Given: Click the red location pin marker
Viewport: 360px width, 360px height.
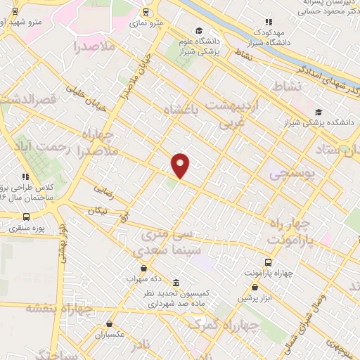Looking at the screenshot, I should tap(181, 165).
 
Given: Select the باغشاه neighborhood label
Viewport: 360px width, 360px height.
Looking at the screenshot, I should tap(181, 110).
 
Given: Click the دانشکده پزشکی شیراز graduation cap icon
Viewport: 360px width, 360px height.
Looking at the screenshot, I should tap(320, 112).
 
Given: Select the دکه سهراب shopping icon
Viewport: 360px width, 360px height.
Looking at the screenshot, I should tap(143, 269).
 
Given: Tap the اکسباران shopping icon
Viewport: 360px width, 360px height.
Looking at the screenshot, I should tap(110, 324).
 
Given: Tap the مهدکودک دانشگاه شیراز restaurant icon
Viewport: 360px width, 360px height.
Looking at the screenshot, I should tap(267, 22).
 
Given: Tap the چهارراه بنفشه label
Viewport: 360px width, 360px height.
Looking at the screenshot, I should tap(59, 308).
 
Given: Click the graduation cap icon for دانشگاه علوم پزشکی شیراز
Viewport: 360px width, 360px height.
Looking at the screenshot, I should tap(200, 30).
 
